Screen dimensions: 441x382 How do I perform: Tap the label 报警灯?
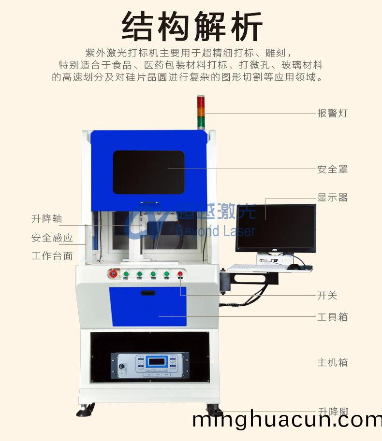point(332,114)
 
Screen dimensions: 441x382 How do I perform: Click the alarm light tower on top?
point(201,112)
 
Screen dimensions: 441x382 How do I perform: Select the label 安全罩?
point(332,170)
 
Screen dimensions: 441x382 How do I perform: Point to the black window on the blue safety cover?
point(149,172)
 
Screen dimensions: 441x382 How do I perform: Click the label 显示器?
point(332,198)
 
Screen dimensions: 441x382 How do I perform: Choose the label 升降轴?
point(47,219)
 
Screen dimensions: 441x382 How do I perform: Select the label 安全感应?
point(52,238)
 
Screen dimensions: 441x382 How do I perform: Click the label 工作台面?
point(52,256)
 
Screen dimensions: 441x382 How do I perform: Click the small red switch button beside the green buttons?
point(180,274)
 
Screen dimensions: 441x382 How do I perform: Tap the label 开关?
point(327,296)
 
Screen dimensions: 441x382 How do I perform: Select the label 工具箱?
point(332,317)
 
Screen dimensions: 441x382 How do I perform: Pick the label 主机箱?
point(332,362)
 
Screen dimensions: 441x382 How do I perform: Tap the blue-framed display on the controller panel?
point(157,361)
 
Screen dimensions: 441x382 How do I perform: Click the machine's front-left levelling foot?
point(86,411)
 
